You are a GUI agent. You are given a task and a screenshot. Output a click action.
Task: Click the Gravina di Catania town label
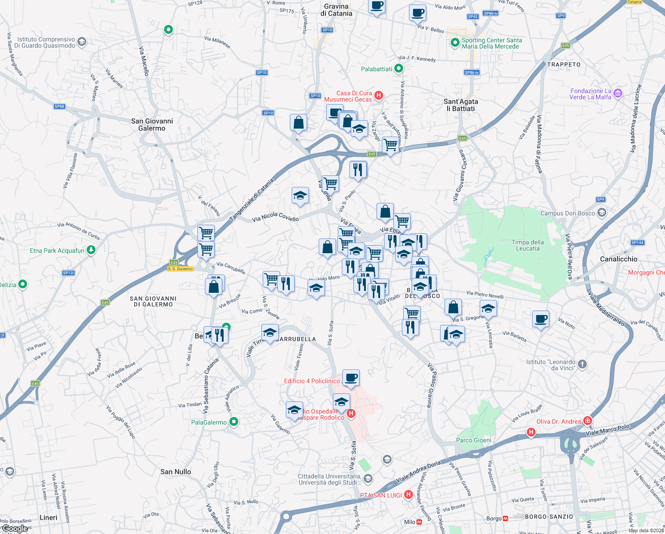[336, 10]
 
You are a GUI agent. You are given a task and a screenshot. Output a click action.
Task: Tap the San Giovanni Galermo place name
[152, 125]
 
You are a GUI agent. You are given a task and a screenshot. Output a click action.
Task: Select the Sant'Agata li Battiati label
[461, 105]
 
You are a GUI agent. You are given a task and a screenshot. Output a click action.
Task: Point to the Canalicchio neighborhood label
[618, 259]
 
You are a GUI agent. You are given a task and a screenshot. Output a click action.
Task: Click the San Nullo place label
[176, 472]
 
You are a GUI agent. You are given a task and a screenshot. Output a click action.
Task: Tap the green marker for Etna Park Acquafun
[91, 250]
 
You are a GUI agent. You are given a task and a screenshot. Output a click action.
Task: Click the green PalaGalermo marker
[234, 422]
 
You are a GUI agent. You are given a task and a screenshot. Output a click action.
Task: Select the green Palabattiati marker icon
[399, 69]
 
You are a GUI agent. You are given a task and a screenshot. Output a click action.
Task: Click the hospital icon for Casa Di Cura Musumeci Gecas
[378, 95]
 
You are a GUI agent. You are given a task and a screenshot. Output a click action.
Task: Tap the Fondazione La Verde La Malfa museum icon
[617, 93]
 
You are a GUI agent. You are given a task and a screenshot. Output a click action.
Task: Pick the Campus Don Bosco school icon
[601, 213]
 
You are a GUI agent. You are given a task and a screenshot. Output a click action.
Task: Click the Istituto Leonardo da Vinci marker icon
[582, 364]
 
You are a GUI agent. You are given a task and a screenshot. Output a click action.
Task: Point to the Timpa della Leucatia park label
[528, 245]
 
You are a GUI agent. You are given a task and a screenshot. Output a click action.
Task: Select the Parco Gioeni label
[473, 440]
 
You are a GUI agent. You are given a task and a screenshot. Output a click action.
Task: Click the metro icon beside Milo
[419, 522]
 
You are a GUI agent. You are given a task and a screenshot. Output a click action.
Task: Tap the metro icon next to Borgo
[505, 518]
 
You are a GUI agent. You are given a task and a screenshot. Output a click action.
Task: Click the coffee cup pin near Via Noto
[541, 319]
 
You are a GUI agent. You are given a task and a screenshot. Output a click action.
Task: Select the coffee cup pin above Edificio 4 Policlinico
[351, 378]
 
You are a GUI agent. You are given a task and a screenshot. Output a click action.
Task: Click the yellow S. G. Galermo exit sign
[180, 269]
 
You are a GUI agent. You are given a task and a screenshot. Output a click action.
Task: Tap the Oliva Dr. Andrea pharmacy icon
[588, 421]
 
